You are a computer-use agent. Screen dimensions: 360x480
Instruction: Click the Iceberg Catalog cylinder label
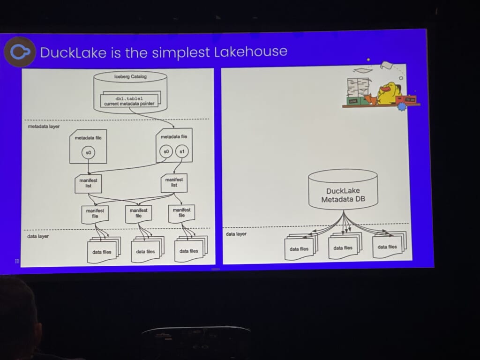131,77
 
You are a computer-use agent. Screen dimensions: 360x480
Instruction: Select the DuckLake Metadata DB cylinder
343,190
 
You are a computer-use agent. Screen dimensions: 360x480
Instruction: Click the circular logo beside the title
19,52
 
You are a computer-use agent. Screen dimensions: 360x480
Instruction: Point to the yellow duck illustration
389,93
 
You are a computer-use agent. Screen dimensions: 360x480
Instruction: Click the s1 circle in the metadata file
182,152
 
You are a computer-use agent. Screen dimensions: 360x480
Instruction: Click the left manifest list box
88,183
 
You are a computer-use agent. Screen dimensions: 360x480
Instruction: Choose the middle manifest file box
139,213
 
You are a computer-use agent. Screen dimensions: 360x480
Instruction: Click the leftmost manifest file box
94,213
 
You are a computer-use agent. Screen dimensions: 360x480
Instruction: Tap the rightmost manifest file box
181,213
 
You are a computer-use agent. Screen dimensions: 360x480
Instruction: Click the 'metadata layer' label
41,127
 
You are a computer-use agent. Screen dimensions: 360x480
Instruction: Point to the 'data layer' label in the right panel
236,233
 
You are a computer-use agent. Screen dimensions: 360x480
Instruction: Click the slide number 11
17,261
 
